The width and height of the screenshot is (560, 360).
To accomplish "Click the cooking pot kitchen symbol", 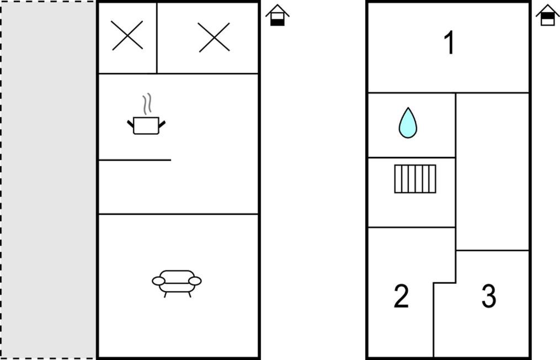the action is coord(146,125).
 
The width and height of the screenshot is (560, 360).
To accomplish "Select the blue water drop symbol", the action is coord(408,123).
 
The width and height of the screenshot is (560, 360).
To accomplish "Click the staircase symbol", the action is coord(415,179).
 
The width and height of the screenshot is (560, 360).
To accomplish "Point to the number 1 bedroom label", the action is coord(449,43).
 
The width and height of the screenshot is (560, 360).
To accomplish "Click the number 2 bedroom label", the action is coord(401,295).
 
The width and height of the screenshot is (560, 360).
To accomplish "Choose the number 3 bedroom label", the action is coord(489,295).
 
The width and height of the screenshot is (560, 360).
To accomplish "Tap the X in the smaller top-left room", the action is coord(127,35).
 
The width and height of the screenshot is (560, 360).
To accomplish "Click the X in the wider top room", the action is coord(214,37).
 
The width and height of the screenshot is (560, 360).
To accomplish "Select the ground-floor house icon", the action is coord(278,15).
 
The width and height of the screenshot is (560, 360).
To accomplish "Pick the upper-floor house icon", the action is coord(547,15).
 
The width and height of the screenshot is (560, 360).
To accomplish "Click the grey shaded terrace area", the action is coord(48,180).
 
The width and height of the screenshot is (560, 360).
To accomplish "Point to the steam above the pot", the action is coord(147,104).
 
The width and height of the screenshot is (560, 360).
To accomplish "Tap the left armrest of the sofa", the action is coord(158,281).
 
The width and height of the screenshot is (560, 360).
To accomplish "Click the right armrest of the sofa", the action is coord(195,281).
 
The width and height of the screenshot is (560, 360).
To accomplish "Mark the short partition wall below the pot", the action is coord(135,160).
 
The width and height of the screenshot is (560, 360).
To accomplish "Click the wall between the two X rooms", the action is coord(157,38).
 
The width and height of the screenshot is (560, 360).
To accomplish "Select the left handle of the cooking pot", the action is coord(130,124).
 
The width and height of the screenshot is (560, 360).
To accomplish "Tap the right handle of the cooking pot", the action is coord(162,124).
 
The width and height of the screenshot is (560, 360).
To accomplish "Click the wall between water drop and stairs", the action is coord(412,157).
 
